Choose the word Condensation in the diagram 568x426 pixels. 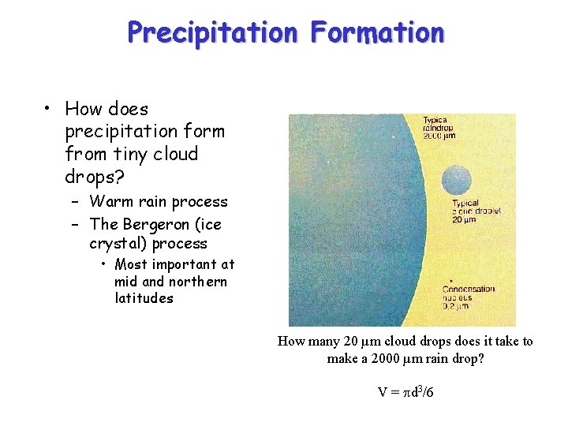coord(469,289)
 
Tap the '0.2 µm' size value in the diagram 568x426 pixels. coord(457,308)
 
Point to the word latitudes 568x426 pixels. coord(144,298)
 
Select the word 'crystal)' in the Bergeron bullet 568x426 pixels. coord(118,243)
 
